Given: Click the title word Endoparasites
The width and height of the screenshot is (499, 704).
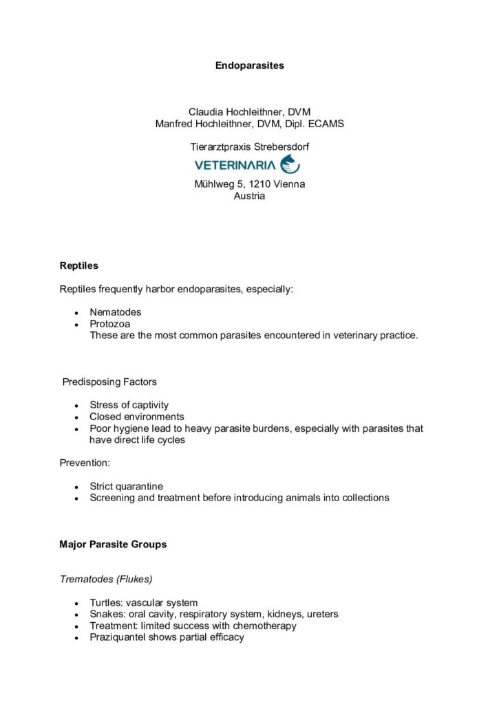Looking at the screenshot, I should (249, 66).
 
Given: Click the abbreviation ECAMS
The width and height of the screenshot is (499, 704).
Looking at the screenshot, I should (327, 124).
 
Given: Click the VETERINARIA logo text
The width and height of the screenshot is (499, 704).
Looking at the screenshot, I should (235, 165).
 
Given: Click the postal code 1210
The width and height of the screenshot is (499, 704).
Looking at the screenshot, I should (259, 184).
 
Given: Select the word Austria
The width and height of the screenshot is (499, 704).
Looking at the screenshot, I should (249, 196).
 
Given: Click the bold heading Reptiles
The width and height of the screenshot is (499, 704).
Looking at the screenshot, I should (79, 265).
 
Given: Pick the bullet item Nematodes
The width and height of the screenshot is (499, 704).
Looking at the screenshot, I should (115, 312).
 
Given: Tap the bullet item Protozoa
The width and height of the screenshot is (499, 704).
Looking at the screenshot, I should (110, 324).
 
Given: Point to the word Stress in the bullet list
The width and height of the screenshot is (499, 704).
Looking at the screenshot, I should (104, 405).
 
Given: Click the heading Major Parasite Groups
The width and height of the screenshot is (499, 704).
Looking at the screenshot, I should (113, 544).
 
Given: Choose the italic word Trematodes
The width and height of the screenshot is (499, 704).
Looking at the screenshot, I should (85, 580).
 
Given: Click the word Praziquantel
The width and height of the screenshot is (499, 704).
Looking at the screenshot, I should (118, 637).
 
